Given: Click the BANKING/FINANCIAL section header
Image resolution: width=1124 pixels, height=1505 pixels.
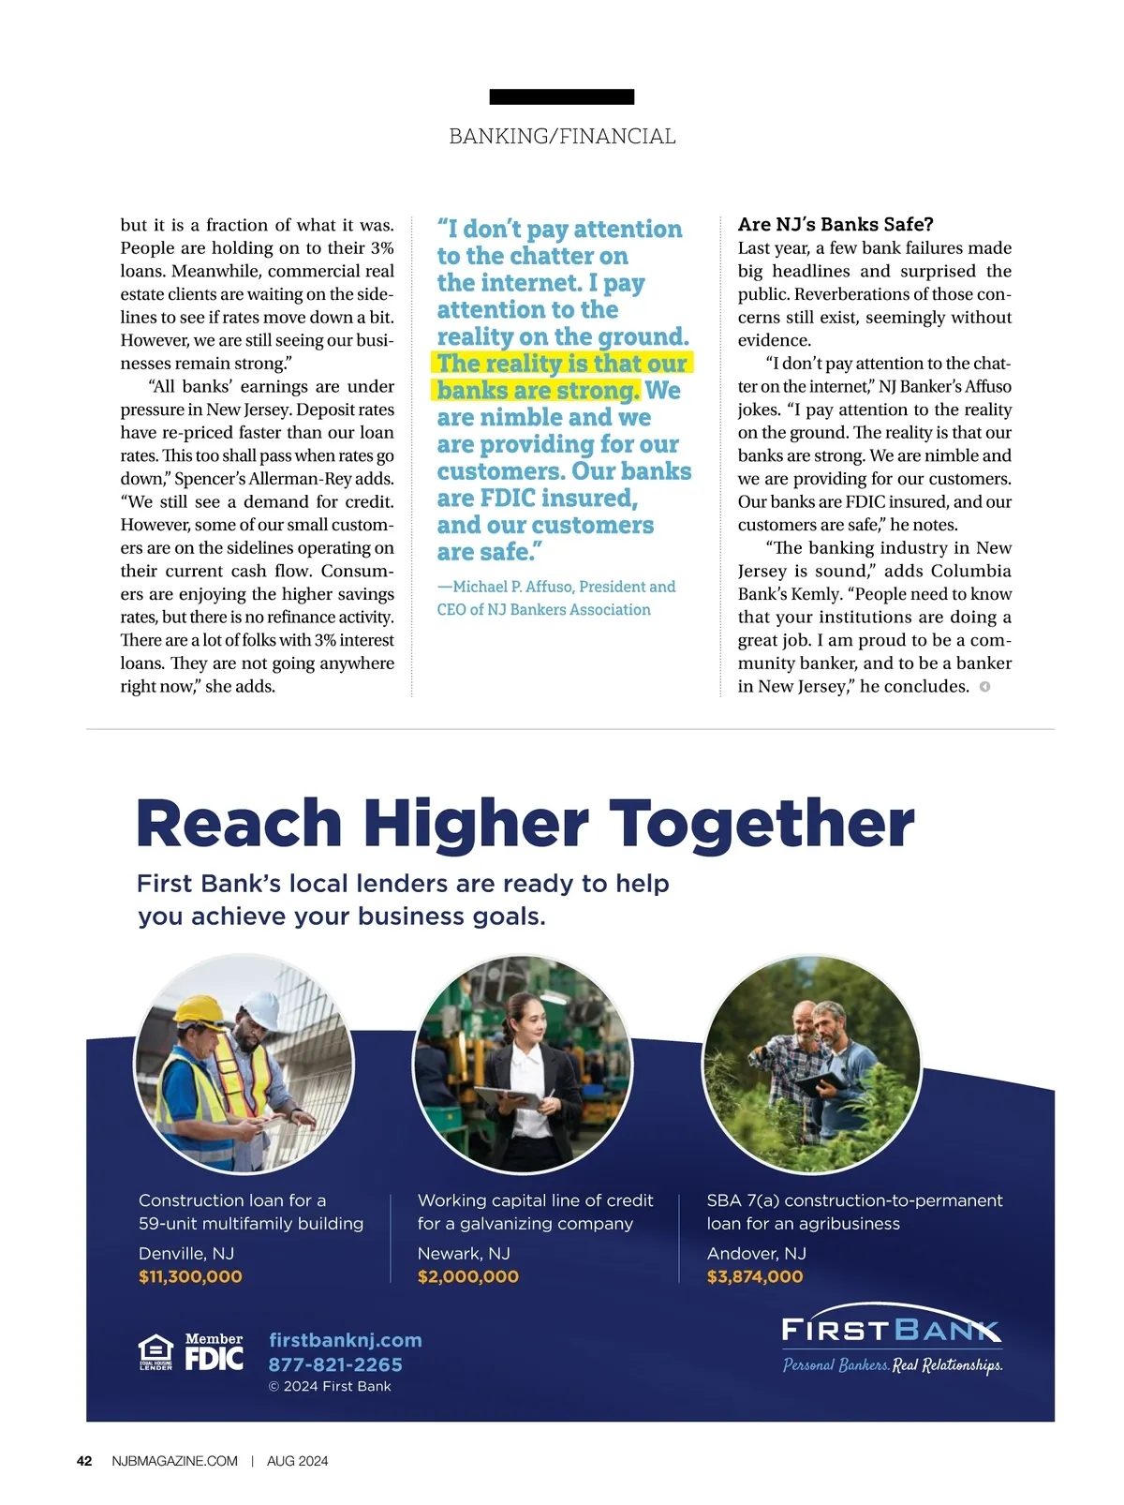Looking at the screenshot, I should point(562,137).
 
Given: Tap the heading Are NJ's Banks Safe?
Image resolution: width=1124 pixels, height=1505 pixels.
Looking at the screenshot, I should point(836,224).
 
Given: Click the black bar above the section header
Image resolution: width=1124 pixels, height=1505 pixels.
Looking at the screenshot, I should point(562,97).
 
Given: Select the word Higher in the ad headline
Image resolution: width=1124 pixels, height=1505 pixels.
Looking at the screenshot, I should point(476,824).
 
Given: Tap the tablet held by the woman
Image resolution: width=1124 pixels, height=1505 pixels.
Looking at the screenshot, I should point(507,1097).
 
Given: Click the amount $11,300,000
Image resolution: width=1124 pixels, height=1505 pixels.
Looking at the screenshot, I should point(190,1276).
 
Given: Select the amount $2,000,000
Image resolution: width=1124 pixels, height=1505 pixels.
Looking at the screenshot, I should point(467,1276).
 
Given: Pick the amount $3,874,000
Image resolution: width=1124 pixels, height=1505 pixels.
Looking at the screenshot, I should point(755,1276).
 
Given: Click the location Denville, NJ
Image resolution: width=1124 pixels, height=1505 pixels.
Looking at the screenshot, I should point(186,1253).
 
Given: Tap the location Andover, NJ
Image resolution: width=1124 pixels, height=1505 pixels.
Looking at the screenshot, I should point(756,1253).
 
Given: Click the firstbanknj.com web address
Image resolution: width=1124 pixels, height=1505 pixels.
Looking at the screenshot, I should point(345,1340).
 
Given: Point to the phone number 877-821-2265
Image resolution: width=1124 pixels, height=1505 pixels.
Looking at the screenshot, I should point(335,1364).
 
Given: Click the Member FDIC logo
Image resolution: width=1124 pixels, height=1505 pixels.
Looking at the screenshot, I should point(214,1353).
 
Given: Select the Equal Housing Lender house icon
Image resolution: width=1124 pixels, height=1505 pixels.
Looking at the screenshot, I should point(155,1352).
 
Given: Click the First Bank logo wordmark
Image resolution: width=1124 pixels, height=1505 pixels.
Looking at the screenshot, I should point(891,1330).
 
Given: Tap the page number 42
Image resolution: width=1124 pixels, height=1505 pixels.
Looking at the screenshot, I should point(84,1461).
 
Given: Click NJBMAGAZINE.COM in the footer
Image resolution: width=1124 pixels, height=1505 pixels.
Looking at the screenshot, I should point(174,1461).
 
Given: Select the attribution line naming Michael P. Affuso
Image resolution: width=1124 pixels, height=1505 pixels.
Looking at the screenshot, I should point(556,598).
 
